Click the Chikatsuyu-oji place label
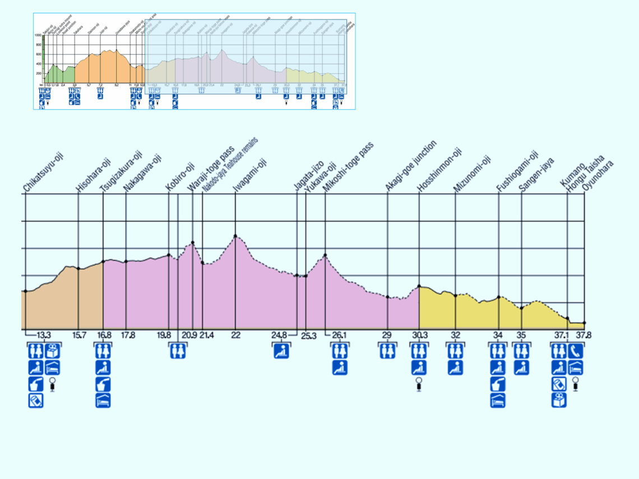click(x=43, y=171)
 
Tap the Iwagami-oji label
click(x=249, y=176)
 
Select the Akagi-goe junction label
click(x=411, y=166)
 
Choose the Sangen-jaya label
click(x=536, y=174)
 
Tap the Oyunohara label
click(x=598, y=176)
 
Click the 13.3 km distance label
click(x=44, y=336)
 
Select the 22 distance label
click(x=235, y=336)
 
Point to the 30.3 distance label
click(x=419, y=336)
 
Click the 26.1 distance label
click(x=339, y=336)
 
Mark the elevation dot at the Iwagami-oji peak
click(x=235, y=236)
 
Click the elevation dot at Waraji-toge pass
click(x=193, y=243)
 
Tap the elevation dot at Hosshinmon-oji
click(x=419, y=286)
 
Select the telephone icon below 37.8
click(x=576, y=351)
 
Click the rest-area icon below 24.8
click(x=281, y=351)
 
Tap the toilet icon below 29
click(x=386, y=351)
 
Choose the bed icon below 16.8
click(x=103, y=400)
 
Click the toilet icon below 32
click(x=455, y=351)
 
